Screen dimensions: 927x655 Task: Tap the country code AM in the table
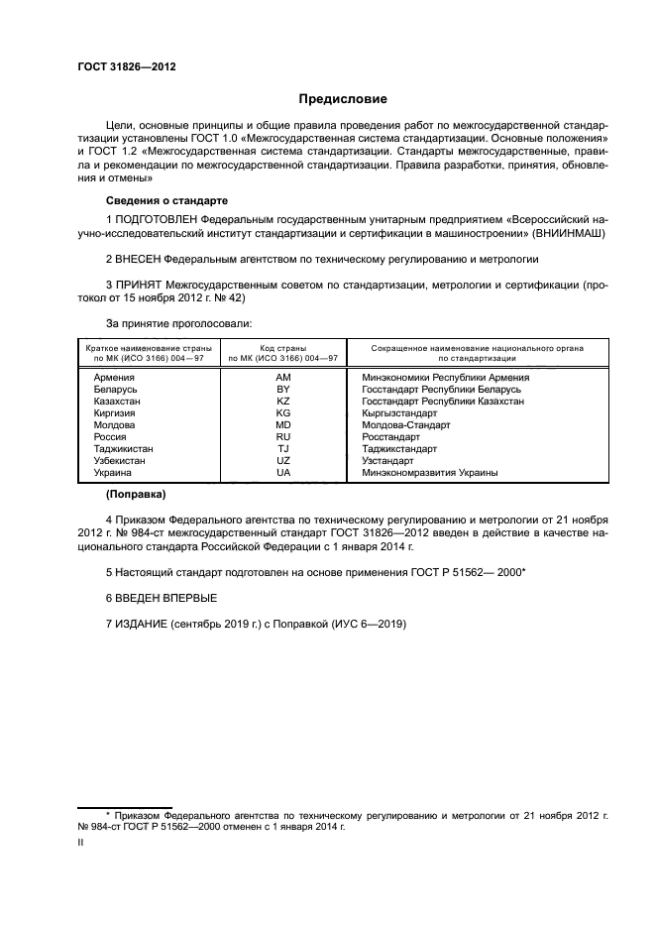[x=283, y=378]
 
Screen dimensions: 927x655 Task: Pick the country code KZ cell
[x=283, y=402]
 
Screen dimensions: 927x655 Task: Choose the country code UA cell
[x=283, y=473]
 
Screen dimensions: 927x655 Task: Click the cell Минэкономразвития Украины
[x=431, y=473]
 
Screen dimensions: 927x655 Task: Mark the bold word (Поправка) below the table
[x=137, y=494]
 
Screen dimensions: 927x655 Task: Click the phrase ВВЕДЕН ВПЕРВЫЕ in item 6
[x=165, y=598]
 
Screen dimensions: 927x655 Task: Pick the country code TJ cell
[x=283, y=449]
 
